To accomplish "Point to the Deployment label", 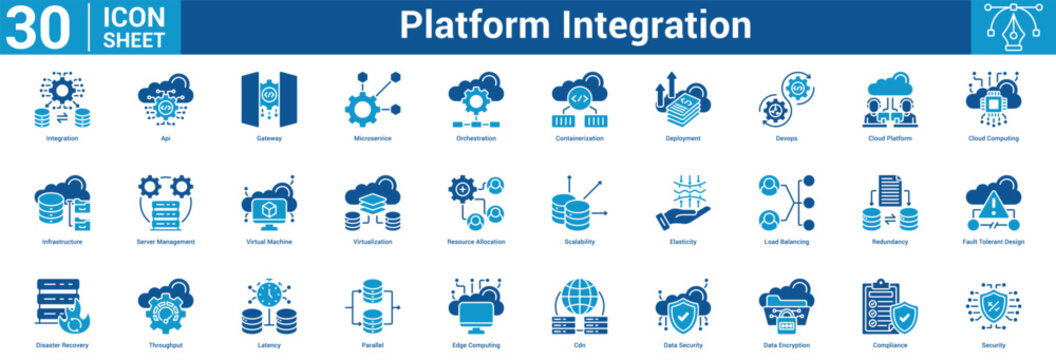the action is [683, 138].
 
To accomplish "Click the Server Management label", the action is [166, 242].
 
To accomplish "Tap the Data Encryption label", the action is [786, 345].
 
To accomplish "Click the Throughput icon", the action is [166, 307].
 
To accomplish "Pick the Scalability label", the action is [579, 242].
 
